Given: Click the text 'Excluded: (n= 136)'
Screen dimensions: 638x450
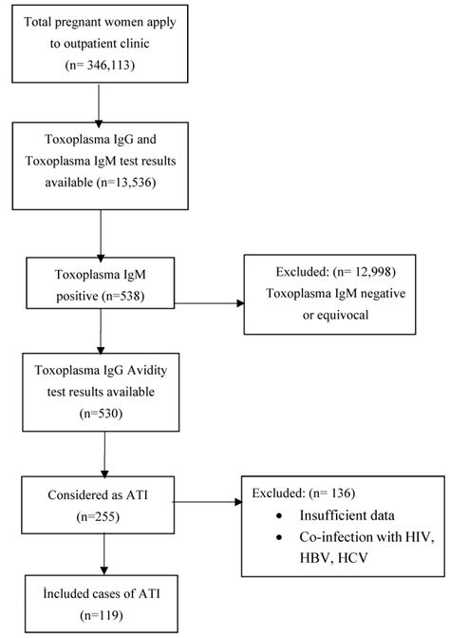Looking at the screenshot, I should [x=308, y=493].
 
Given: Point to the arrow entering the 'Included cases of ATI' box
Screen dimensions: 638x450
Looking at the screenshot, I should [x=102, y=555].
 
